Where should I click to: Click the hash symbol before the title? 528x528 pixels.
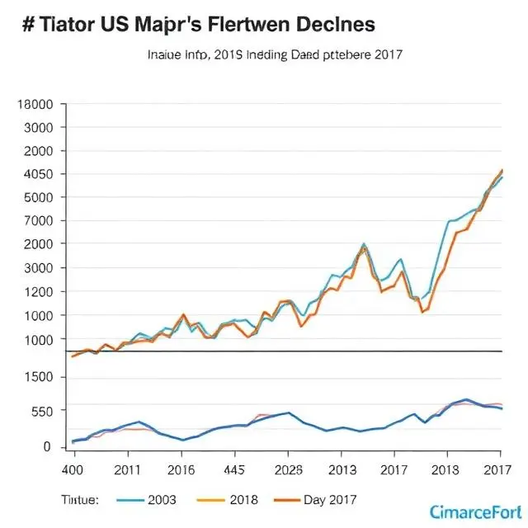pos(27,24)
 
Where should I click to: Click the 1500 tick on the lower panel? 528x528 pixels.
pos(39,378)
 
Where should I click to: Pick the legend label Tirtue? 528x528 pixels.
pos(79,499)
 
